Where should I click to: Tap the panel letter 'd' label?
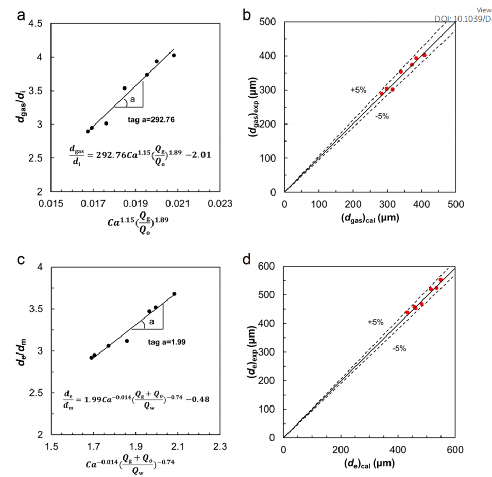pyautogui.click(x=247, y=259)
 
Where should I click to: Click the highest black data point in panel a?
pyautogui.click(x=174, y=55)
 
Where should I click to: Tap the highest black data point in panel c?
pyautogui.click(x=174, y=294)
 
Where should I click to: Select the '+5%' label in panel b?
pyautogui.click(x=358, y=90)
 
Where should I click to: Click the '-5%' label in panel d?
pyautogui.click(x=399, y=348)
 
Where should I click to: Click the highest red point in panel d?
pyautogui.click(x=440, y=280)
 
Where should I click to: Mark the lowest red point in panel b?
pyautogui.click(x=382, y=94)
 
